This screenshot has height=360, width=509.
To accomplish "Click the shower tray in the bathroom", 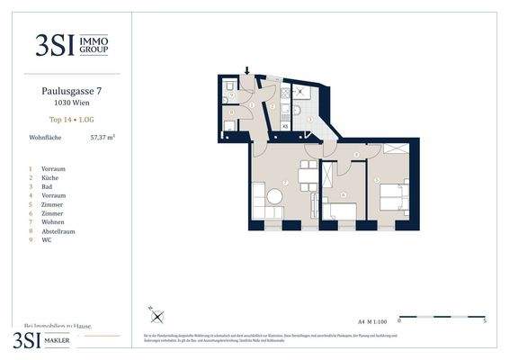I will pyautogui.click(x=302, y=93).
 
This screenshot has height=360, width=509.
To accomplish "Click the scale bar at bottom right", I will pyautogui.click(x=442, y=316).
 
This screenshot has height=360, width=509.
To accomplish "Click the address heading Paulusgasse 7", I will pyautogui.click(x=69, y=91).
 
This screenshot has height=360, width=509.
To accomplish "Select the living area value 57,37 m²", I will pyautogui.click(x=103, y=138).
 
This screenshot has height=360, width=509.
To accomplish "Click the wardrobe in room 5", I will pyautogui.click(x=395, y=148).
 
